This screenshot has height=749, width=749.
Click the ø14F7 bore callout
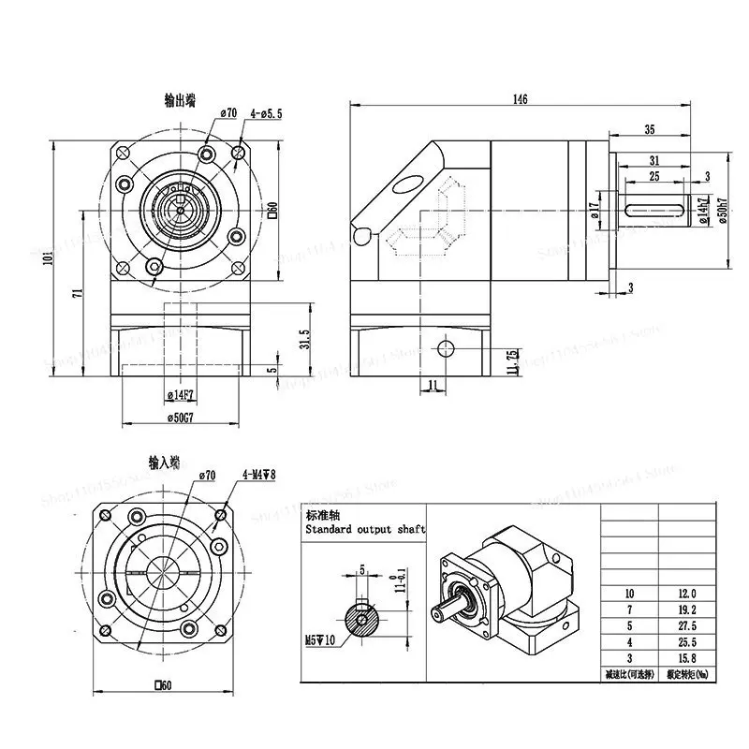(x=179, y=393)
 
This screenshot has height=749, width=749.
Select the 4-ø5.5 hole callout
(x=265, y=113)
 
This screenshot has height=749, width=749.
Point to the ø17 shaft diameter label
(x=595, y=213)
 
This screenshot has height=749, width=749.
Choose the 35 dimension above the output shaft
(x=649, y=130)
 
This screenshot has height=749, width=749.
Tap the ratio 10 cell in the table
(x=630, y=594)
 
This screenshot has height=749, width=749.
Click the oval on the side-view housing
(x=409, y=184)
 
